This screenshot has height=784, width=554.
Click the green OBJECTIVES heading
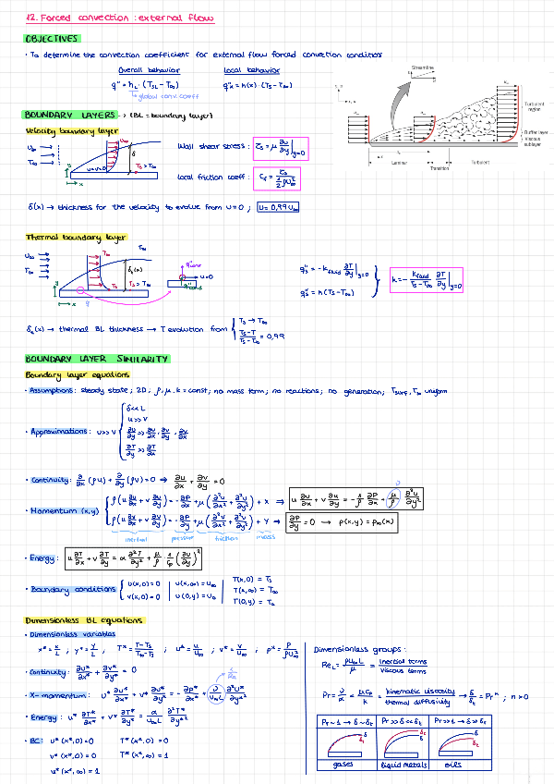pyautogui.click(x=52, y=39)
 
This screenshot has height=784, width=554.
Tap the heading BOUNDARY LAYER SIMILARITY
pyautogui.click(x=96, y=359)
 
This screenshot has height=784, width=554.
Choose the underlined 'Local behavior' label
pyautogui.click(x=245, y=70)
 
